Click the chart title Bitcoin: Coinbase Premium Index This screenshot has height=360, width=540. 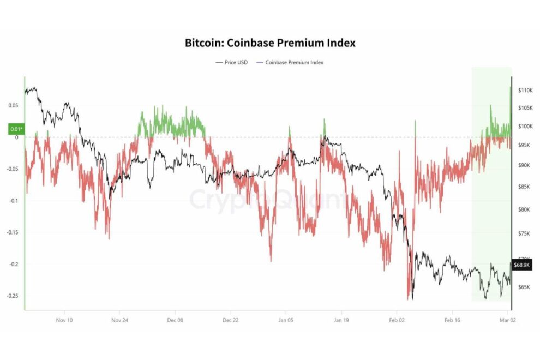(270, 43)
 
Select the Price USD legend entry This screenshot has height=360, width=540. (232, 63)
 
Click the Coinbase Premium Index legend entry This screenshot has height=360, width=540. (294, 63)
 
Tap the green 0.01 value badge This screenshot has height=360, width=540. (16, 129)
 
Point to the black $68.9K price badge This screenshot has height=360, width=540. (522, 265)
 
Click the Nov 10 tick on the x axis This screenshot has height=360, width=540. (64, 320)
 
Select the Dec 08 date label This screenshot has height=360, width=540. (175, 320)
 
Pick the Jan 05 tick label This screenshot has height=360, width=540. (286, 320)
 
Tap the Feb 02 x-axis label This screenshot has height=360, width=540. (397, 320)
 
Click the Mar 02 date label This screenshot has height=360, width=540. (507, 320)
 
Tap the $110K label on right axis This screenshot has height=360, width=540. (525, 90)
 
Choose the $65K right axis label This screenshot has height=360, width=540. (524, 287)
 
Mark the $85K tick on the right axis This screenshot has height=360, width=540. (524, 187)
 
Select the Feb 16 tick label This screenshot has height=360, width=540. (452, 320)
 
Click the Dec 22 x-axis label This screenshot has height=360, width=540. (230, 320)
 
